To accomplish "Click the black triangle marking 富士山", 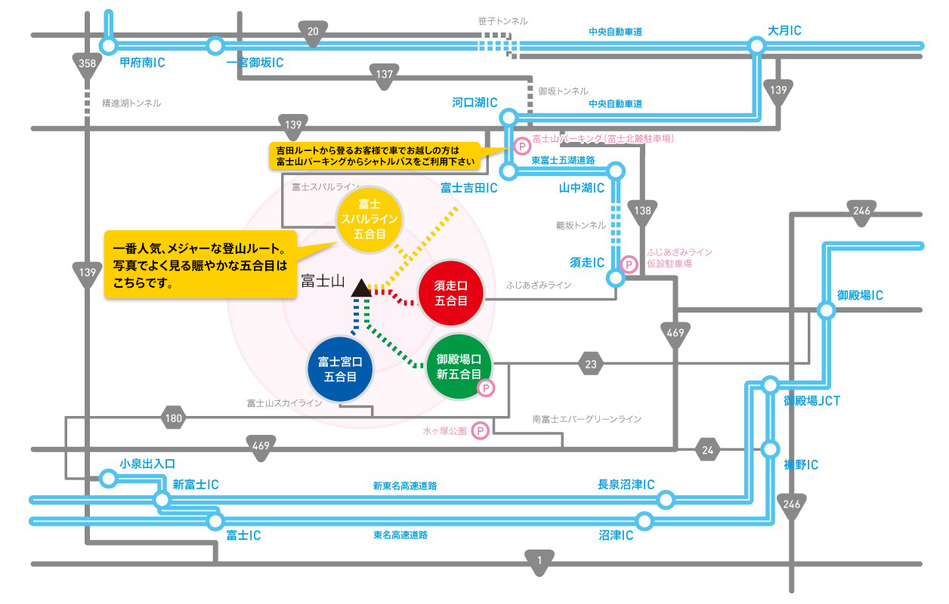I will [360, 288].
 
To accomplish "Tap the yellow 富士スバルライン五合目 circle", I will [370, 220].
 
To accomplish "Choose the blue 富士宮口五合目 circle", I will [340, 368].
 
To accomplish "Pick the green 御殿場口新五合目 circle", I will [459, 367].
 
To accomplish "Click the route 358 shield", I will [87, 64].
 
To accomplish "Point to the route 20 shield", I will [313, 32].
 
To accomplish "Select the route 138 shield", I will [643, 212].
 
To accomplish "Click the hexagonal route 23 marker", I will [590, 365].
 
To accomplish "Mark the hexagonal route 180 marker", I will [175, 418].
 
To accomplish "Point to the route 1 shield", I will [539, 561].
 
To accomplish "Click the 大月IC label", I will [784, 31].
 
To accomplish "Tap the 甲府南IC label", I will [142, 63].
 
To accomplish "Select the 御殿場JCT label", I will [811, 401].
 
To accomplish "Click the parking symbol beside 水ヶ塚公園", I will [479, 431].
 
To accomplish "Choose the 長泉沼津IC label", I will [626, 484].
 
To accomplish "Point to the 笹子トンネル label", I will [502, 21].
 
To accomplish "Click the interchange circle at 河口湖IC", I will [509, 117].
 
